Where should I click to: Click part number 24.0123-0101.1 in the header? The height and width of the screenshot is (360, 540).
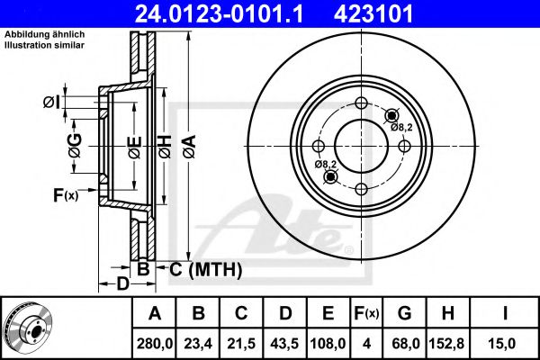tap(219, 13)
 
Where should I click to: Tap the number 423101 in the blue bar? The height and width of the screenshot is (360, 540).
tap(373, 13)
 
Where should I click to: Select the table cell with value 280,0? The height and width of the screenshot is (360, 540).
tap(154, 344)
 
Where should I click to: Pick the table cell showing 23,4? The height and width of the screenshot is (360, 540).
tap(198, 344)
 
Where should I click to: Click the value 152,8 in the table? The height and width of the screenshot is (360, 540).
tap(446, 344)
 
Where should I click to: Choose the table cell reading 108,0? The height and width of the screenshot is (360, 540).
tap(328, 344)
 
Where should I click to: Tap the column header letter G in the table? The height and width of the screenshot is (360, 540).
tap(405, 313)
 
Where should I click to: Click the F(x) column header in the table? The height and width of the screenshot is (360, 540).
tap(366, 313)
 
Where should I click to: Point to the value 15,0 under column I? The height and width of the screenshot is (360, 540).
tap(504, 344)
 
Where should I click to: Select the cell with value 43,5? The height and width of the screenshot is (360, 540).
tap(284, 344)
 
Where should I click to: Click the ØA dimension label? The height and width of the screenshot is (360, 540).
tap(189, 147)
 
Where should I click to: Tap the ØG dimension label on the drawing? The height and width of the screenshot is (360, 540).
tap(75, 146)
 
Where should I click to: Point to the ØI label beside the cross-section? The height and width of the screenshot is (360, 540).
tap(51, 103)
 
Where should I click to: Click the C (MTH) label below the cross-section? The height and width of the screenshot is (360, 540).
tap(205, 269)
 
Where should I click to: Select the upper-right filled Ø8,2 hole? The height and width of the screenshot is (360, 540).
tap(391, 116)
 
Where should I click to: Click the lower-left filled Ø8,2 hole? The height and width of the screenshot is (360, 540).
tap(331, 176)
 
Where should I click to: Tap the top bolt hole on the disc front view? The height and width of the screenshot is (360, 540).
tap(361, 103)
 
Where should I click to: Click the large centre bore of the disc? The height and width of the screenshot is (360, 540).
tap(361, 146)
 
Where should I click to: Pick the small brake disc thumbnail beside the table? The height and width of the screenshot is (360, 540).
tap(29, 328)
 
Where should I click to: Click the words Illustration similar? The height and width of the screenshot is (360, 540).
tap(44, 45)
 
